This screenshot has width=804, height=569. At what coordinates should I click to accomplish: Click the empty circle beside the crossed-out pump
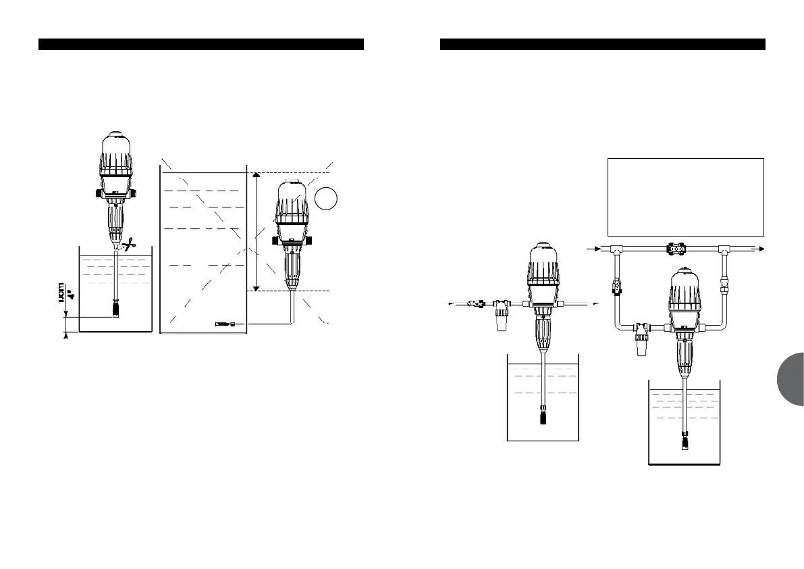point(326,198)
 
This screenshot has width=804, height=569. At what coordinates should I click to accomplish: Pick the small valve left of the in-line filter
point(476,305)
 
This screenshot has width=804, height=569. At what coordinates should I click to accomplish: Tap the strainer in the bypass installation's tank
point(685,441)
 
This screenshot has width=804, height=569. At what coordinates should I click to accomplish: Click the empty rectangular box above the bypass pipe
point(686,197)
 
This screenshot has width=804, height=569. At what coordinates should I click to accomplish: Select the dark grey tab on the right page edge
point(789,379)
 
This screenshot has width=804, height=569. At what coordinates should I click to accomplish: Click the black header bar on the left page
point(201,45)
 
